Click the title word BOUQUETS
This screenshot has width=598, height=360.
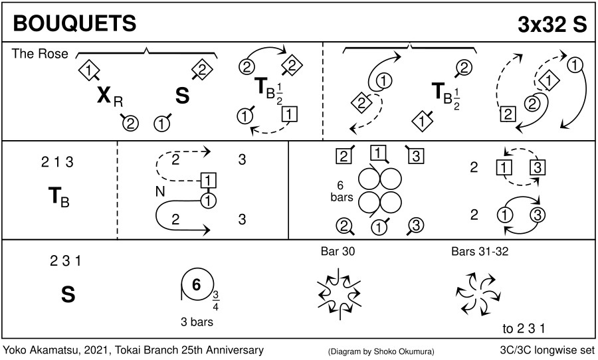coord(74,23)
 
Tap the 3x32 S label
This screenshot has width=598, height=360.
coord(553,23)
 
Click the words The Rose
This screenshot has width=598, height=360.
coord(39,54)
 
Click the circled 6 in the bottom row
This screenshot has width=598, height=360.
coord(196,285)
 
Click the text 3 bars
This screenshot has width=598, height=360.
coord(197,322)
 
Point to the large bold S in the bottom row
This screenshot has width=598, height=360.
coord(68,294)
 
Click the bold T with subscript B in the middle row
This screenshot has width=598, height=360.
coord(58,198)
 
